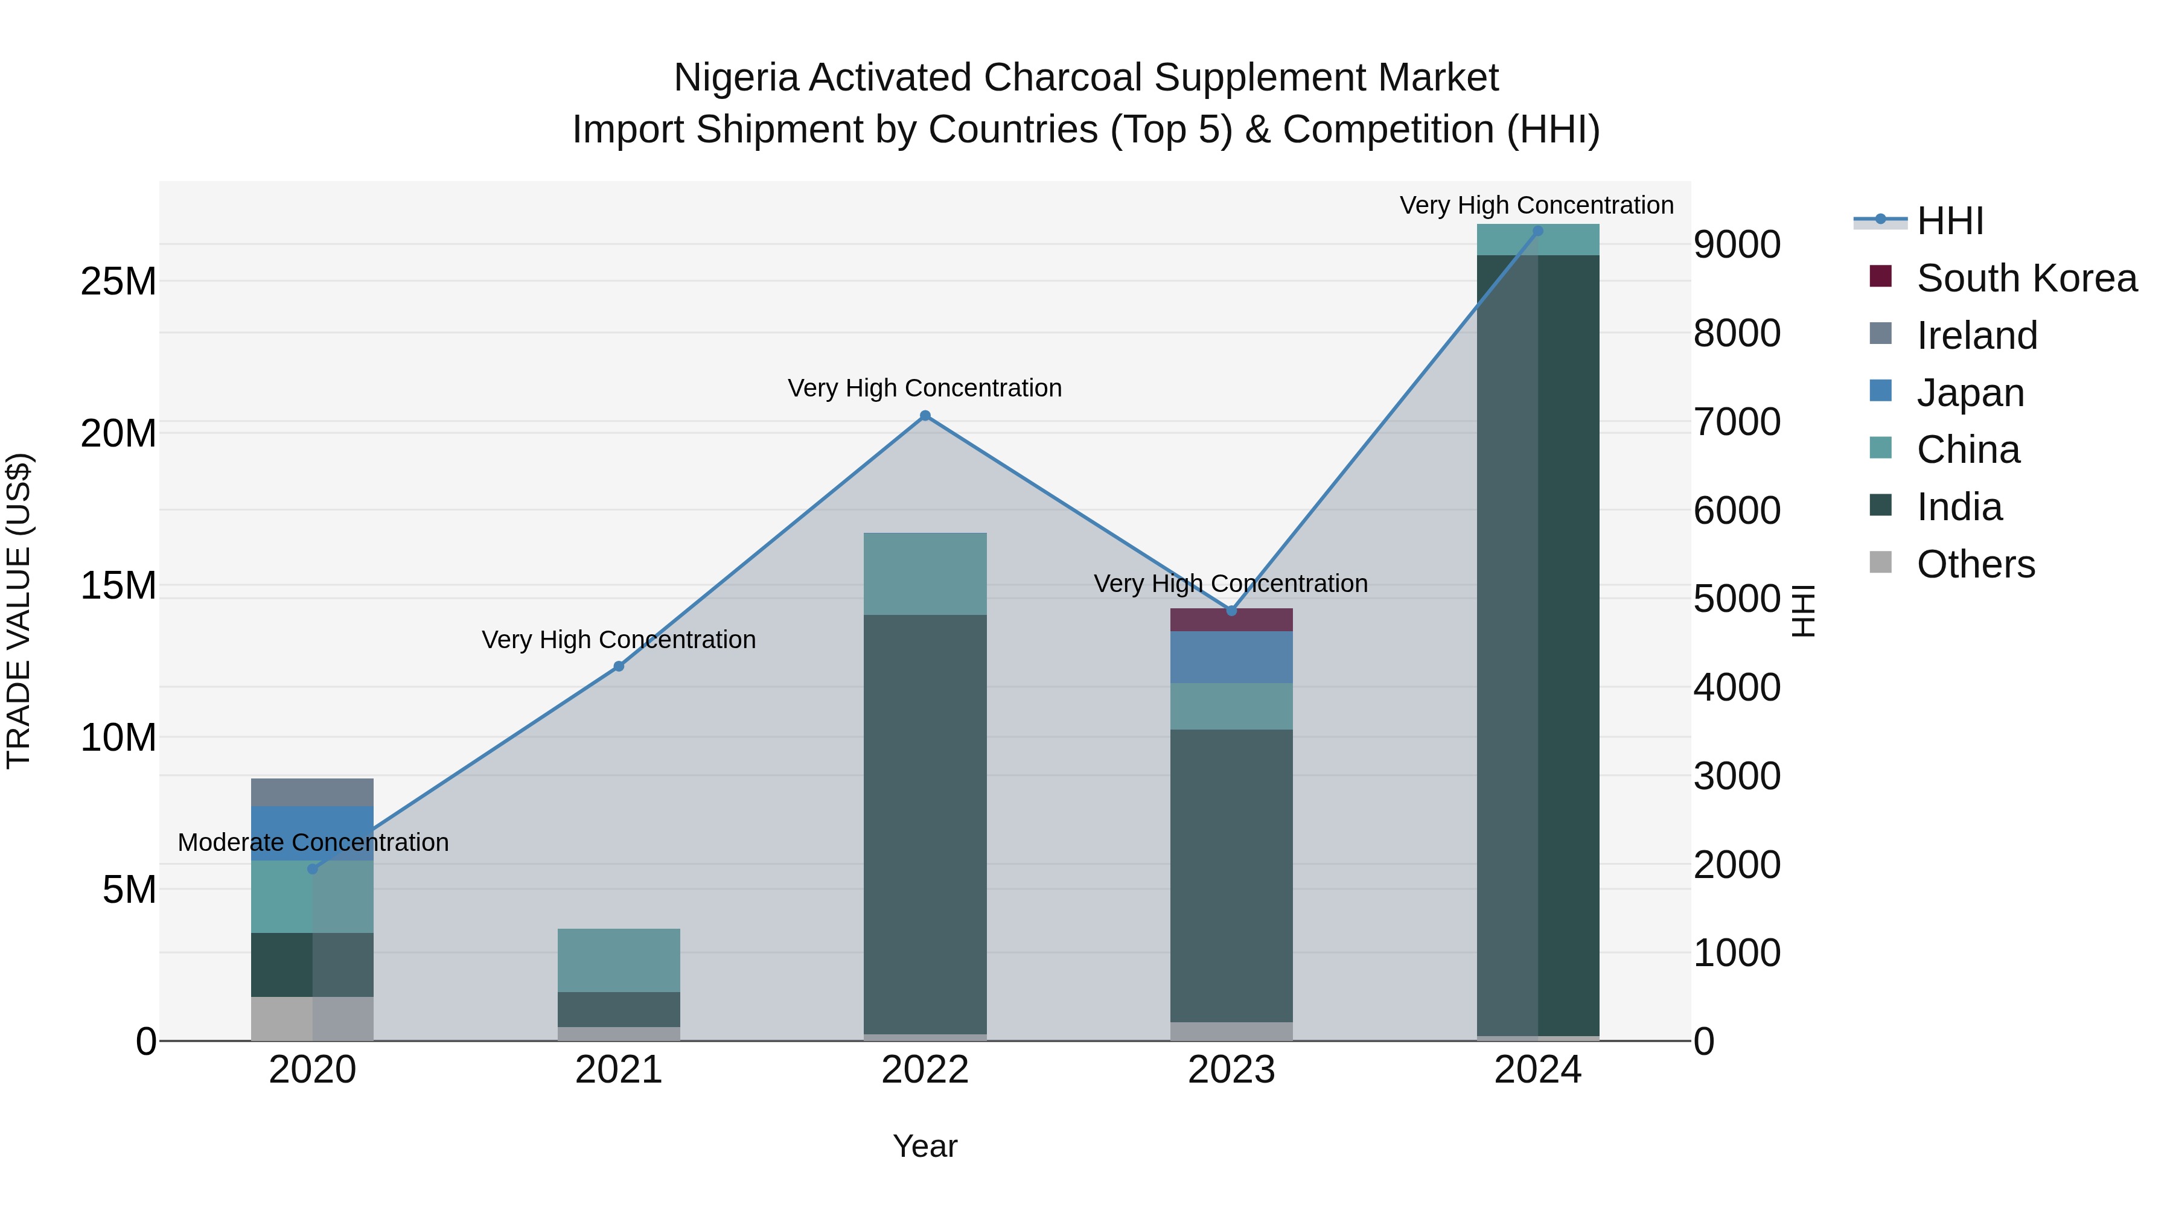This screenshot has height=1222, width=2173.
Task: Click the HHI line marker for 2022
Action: click(925, 416)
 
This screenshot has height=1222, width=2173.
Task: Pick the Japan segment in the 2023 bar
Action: click(1231, 657)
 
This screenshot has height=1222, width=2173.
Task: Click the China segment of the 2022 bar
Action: click(925, 573)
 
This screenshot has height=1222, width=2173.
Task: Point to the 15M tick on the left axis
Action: click(118, 585)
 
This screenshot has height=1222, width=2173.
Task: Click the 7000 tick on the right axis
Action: click(1736, 422)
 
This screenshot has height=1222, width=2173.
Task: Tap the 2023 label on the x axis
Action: click(1231, 1070)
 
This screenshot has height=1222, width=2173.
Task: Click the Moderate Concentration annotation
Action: click(313, 842)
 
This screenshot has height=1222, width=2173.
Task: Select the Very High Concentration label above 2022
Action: click(925, 388)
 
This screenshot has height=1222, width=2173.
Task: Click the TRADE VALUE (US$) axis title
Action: click(19, 611)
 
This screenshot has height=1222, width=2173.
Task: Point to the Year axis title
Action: click(925, 1146)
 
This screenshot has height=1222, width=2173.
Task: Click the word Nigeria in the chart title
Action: click(736, 78)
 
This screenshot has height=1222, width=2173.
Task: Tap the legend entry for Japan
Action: click(1970, 393)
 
